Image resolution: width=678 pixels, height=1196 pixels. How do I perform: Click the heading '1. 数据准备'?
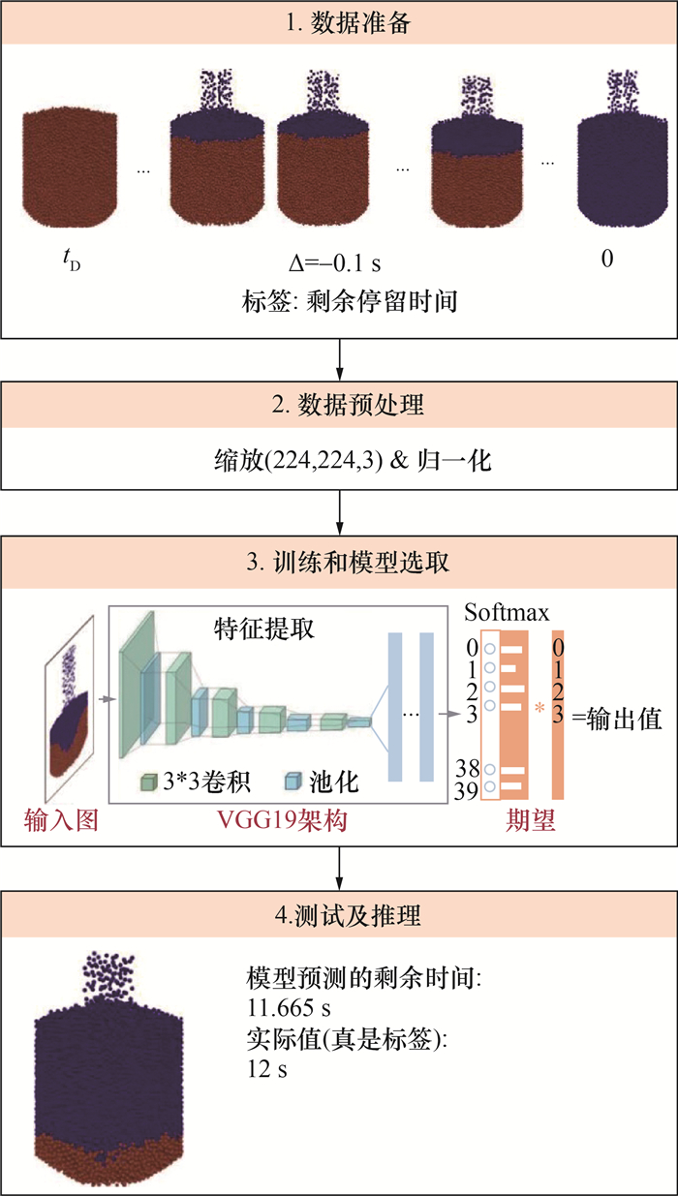[x=348, y=23]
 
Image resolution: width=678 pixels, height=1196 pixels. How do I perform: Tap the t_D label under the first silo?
[x=72, y=261]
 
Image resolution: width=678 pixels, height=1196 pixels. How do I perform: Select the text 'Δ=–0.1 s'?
[x=335, y=262]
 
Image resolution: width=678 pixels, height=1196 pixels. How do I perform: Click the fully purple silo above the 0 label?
[x=623, y=148]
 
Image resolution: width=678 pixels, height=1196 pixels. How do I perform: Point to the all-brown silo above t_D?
[x=70, y=168]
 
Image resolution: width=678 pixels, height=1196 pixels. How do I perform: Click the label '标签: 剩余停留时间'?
[x=350, y=301]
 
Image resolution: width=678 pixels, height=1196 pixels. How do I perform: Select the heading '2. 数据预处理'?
[x=348, y=405]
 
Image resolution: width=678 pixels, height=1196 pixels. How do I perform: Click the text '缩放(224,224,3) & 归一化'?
[x=353, y=460]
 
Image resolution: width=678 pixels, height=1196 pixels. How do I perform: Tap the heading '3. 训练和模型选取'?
[x=348, y=563]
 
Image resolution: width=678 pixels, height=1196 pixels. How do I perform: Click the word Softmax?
[x=507, y=613]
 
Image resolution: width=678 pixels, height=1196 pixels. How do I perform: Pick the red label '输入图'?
[x=61, y=819]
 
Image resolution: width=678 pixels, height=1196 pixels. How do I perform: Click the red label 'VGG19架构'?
[x=282, y=820]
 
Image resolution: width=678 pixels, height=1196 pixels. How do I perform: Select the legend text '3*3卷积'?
[x=206, y=782]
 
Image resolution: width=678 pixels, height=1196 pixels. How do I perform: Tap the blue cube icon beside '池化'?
[x=293, y=782]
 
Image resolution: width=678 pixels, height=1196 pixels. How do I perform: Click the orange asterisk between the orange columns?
[x=539, y=709]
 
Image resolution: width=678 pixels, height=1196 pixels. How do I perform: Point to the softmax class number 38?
[x=468, y=769]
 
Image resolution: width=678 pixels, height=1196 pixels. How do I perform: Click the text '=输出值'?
[x=617, y=720]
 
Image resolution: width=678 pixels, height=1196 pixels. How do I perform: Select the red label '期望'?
[x=531, y=819]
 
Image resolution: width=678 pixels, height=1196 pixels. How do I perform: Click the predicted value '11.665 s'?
[x=289, y=1008]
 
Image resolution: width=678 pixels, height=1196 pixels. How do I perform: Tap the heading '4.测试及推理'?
[x=348, y=915]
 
